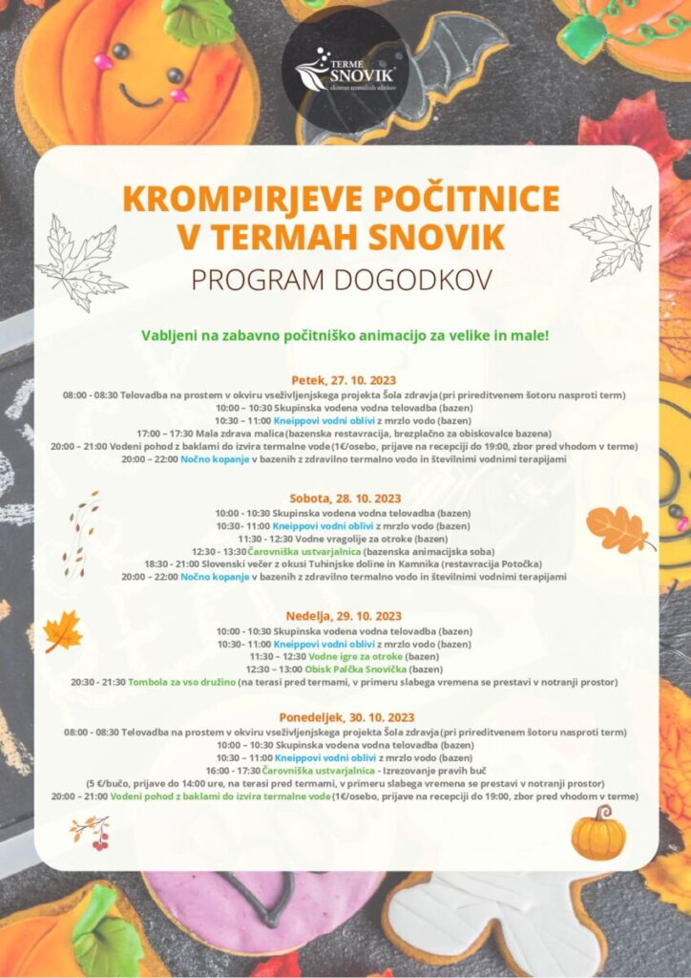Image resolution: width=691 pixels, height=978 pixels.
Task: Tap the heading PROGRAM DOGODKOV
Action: tap(345, 280)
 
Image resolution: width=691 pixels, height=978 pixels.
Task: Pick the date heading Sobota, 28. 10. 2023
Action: tap(345, 499)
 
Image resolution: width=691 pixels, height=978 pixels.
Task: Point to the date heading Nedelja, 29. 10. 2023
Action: tap(345, 616)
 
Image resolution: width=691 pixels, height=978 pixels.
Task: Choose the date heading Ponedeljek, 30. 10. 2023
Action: tap(345, 718)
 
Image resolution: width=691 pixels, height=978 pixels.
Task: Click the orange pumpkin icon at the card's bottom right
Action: tap(598, 833)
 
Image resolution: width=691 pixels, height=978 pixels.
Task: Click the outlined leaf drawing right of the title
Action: tap(613, 234)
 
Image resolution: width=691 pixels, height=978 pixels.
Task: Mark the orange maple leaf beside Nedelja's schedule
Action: tap(63, 631)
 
